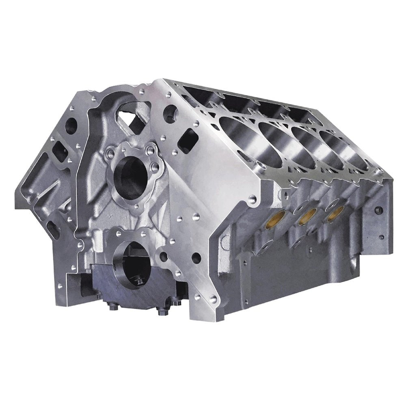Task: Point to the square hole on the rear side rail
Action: coord(378,210)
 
